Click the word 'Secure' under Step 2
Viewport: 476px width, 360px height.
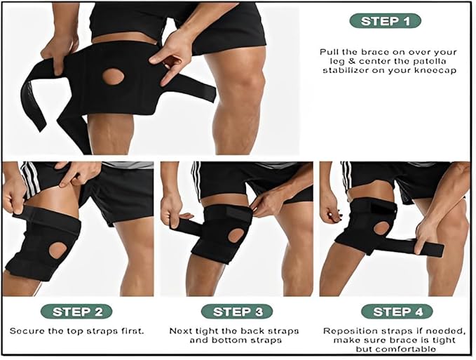[26, 331]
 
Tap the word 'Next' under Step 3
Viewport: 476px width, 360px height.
[182, 331]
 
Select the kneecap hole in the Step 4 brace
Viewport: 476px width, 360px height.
[381, 228]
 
